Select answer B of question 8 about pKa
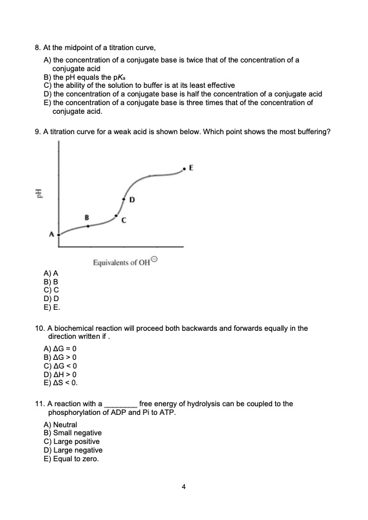point(89,77)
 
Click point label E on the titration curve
point(191,168)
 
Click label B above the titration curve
point(87,217)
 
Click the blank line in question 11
point(121,404)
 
